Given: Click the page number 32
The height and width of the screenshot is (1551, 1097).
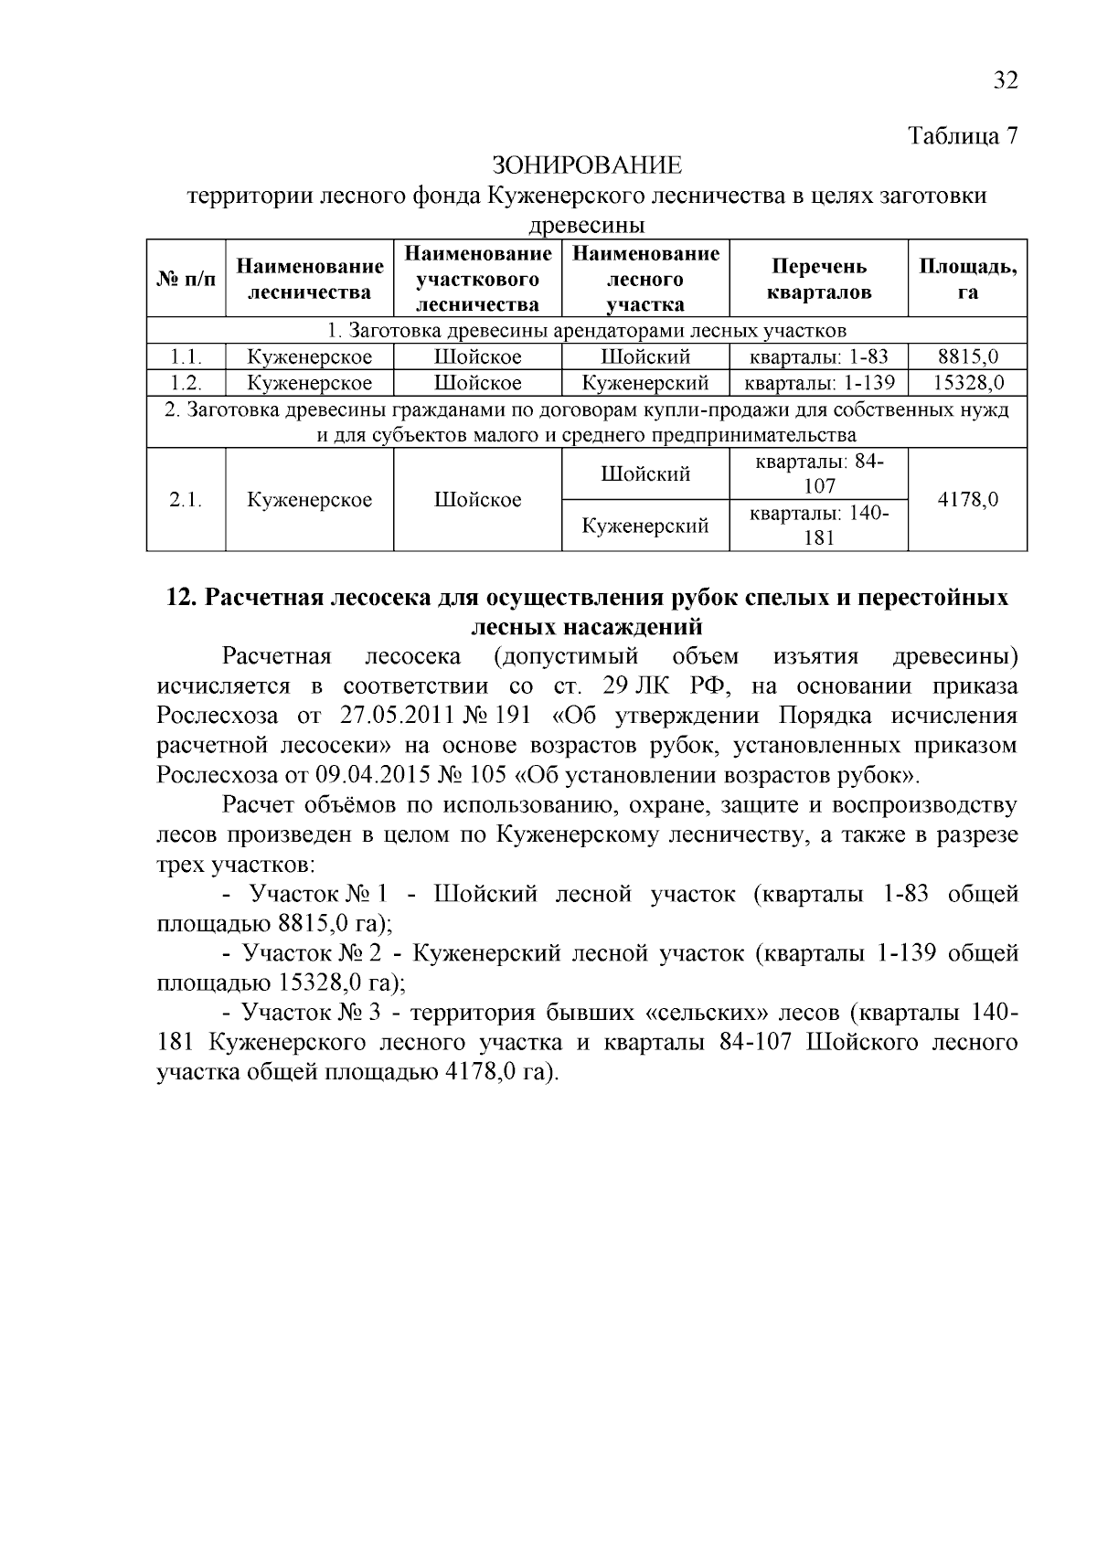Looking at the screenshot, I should click(1005, 80).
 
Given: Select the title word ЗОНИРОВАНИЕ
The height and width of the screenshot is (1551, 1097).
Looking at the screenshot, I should click(587, 165).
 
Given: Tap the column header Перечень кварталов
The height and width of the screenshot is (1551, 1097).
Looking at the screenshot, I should click(818, 279).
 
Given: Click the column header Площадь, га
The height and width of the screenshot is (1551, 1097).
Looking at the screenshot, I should click(967, 279).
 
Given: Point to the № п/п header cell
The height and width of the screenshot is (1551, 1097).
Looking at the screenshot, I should click(186, 279).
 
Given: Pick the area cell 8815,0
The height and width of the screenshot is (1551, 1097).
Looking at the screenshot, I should click(967, 357).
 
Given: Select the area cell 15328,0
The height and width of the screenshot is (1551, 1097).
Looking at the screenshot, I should click(967, 383).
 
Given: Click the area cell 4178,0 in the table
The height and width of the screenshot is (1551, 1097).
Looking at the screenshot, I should click(967, 500).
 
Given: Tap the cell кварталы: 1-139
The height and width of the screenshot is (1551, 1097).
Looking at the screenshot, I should click(818, 383).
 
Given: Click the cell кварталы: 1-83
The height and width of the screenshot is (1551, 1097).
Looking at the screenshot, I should click(818, 357).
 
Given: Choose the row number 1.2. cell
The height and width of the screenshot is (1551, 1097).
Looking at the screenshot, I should click(186, 383).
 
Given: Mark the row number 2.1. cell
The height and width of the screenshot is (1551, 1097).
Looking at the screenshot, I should click(186, 500).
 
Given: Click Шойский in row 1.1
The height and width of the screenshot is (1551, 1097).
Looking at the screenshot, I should click(644, 357).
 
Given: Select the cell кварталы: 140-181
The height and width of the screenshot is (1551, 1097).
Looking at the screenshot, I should click(818, 526).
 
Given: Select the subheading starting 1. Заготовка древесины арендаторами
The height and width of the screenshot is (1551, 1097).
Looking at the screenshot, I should click(586, 330).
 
